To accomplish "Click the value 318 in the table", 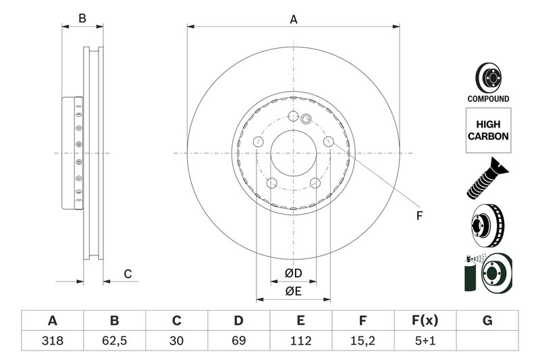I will [52, 341].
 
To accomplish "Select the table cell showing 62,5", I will [114, 341].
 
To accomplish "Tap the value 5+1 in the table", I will [425, 341].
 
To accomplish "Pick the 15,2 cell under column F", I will [362, 341].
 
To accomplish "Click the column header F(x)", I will [425, 320].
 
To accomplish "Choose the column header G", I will [487, 320].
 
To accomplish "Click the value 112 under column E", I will [300, 341].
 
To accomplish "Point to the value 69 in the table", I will [238, 341].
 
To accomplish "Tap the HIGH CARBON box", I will [488, 130].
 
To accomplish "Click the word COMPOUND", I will [488, 99].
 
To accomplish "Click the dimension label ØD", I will [292, 273].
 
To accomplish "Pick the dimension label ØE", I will [292, 291].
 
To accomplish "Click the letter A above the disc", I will [294, 20].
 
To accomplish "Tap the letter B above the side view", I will [82, 19].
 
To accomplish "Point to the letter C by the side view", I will [127, 274].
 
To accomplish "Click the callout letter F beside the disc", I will [418, 216].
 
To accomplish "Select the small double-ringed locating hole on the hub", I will [305, 120].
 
